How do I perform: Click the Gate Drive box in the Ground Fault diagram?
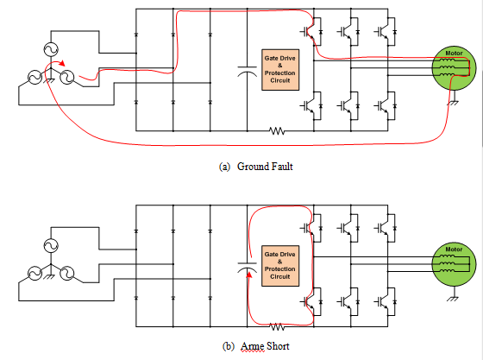[280, 70]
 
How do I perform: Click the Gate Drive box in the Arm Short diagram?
[280, 266]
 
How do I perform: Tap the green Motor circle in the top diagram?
[454, 68]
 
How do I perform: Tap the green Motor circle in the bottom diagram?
[454, 264]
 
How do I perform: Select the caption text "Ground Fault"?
[265, 167]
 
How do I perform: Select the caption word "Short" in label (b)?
[278, 346]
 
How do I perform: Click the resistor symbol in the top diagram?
[277, 131]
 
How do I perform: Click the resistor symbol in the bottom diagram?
[277, 326]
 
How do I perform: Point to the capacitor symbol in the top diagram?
[247, 72]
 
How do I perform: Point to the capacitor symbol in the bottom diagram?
[247, 268]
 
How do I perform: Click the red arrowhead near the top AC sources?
[62, 63]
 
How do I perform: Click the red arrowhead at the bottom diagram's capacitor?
[249, 274]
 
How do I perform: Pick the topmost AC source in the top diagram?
[51, 49]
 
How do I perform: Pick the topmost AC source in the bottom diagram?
[51, 246]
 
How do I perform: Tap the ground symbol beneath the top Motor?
[454, 103]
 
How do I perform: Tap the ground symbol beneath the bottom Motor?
[454, 299]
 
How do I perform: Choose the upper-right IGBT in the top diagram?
[386, 32]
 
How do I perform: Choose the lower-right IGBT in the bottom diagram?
[386, 302]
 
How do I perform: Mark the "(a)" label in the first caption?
[224, 167]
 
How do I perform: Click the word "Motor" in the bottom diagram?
[454, 249]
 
